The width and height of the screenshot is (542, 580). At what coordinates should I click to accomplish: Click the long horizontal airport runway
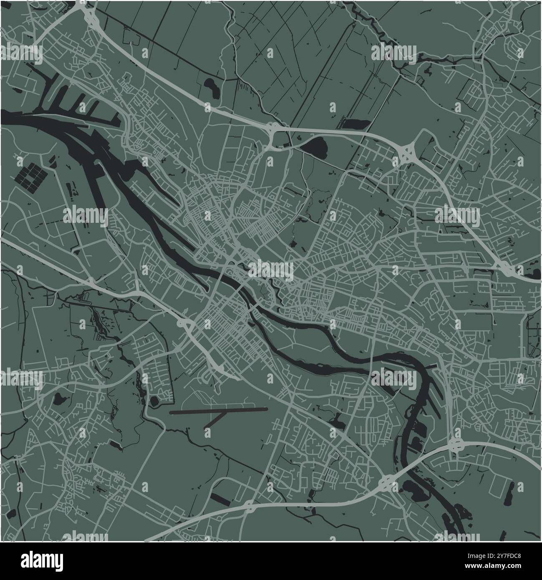pyautogui.click(x=219, y=411)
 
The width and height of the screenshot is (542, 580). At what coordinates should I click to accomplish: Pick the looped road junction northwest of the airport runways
pyautogui.click(x=184, y=324)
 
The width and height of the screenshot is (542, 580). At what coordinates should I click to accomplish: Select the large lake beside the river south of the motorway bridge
pyautogui.click(x=415, y=489)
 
